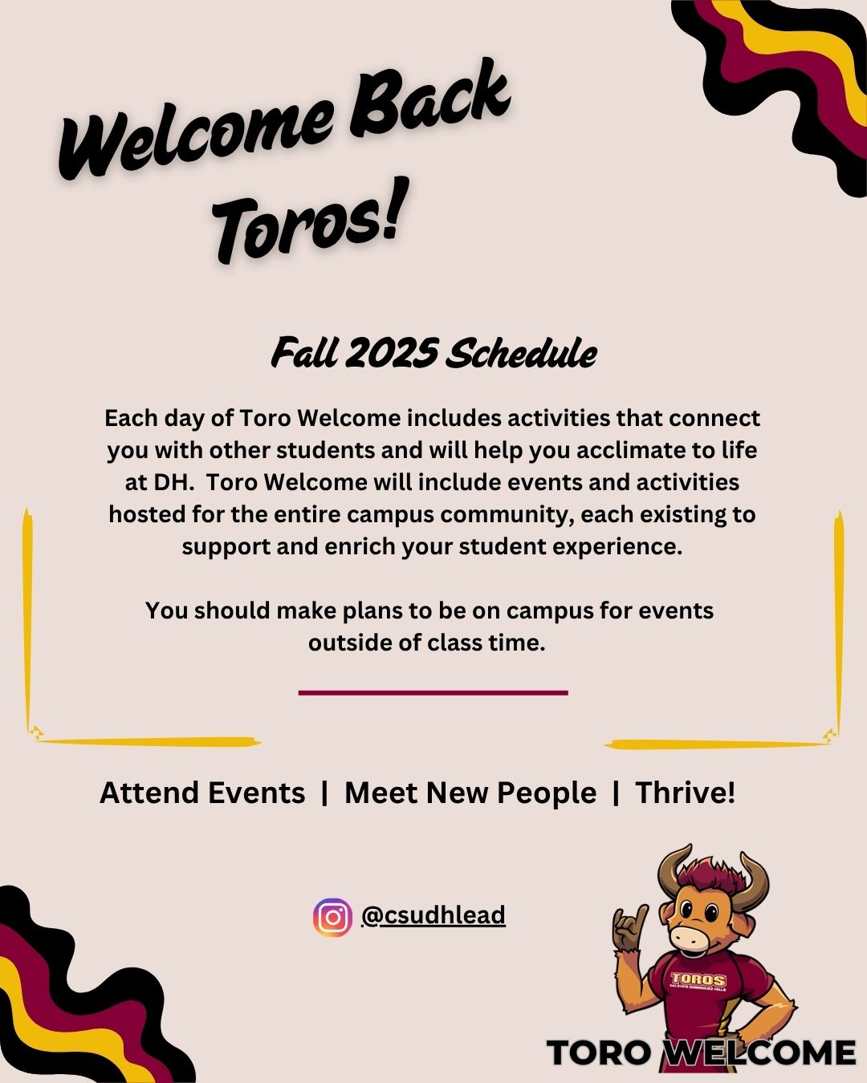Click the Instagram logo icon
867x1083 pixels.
coord(332,918)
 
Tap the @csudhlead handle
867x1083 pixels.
coord(433,915)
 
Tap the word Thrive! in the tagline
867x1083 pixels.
coord(685,793)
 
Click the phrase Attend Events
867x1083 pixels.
coord(202,793)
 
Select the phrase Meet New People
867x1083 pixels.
coord(470,793)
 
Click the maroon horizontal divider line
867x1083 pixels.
coord(433,693)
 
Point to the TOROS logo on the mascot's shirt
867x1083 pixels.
coord(698,980)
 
